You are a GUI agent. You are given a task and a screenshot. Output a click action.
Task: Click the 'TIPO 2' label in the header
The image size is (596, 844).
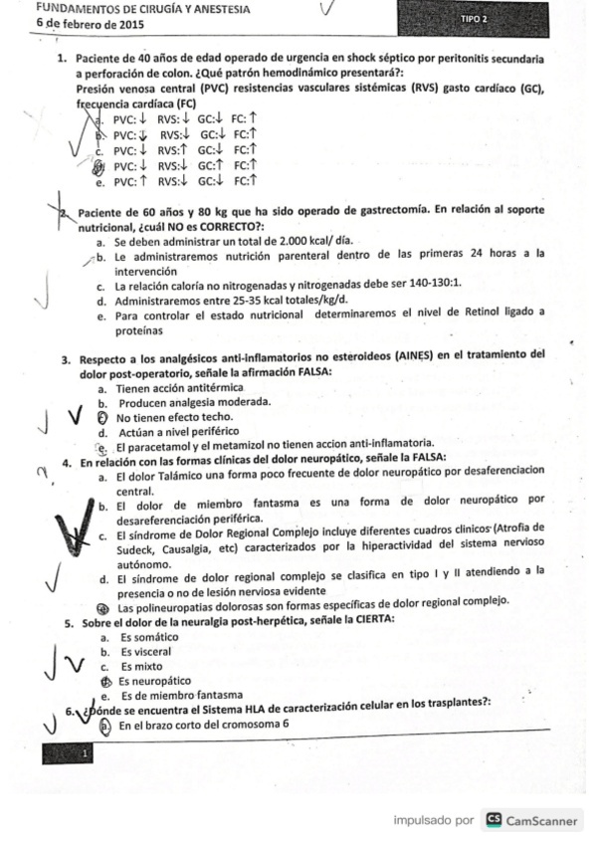[475, 19]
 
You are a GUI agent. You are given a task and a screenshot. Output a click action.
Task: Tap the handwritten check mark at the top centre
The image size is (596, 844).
[326, 11]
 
